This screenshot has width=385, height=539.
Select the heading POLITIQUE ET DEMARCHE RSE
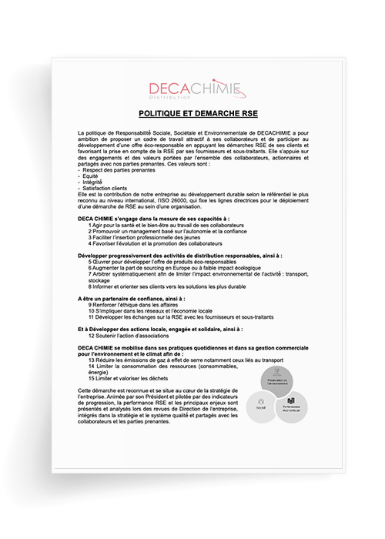point(192,112)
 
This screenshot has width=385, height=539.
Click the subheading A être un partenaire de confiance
point(132,297)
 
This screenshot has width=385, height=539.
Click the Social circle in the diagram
point(261,401)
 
